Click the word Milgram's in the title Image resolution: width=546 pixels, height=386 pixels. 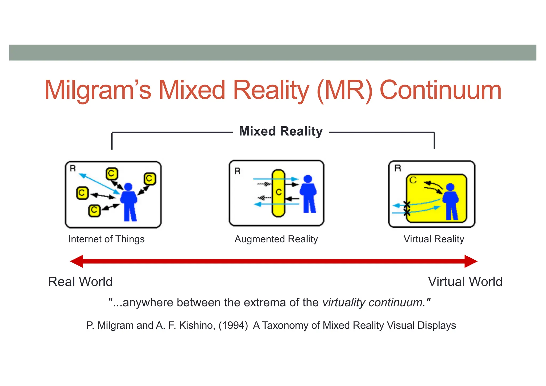(x=98, y=90)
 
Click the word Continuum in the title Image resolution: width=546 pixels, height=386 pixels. (x=440, y=90)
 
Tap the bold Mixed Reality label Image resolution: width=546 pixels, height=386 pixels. (x=281, y=131)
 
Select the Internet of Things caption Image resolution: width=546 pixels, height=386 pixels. (x=106, y=239)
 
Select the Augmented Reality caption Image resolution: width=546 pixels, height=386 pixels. (x=276, y=239)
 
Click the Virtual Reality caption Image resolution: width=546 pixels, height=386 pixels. (x=434, y=239)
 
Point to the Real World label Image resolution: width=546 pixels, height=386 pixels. (x=80, y=282)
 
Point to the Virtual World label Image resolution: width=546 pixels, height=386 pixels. (x=465, y=282)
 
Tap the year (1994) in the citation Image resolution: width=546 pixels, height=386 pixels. (x=233, y=325)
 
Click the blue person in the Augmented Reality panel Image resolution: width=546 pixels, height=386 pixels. (x=308, y=195)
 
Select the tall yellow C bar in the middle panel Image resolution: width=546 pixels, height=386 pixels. (x=279, y=193)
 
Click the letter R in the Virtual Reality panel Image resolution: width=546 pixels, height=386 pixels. (x=398, y=168)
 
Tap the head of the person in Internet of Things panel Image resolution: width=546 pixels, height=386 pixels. (x=128, y=187)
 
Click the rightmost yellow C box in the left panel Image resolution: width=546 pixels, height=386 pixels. (x=150, y=179)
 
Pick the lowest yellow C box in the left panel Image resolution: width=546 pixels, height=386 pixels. (x=94, y=211)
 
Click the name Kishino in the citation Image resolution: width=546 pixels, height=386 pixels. (x=197, y=325)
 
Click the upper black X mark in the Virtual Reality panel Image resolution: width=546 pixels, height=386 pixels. (x=407, y=205)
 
